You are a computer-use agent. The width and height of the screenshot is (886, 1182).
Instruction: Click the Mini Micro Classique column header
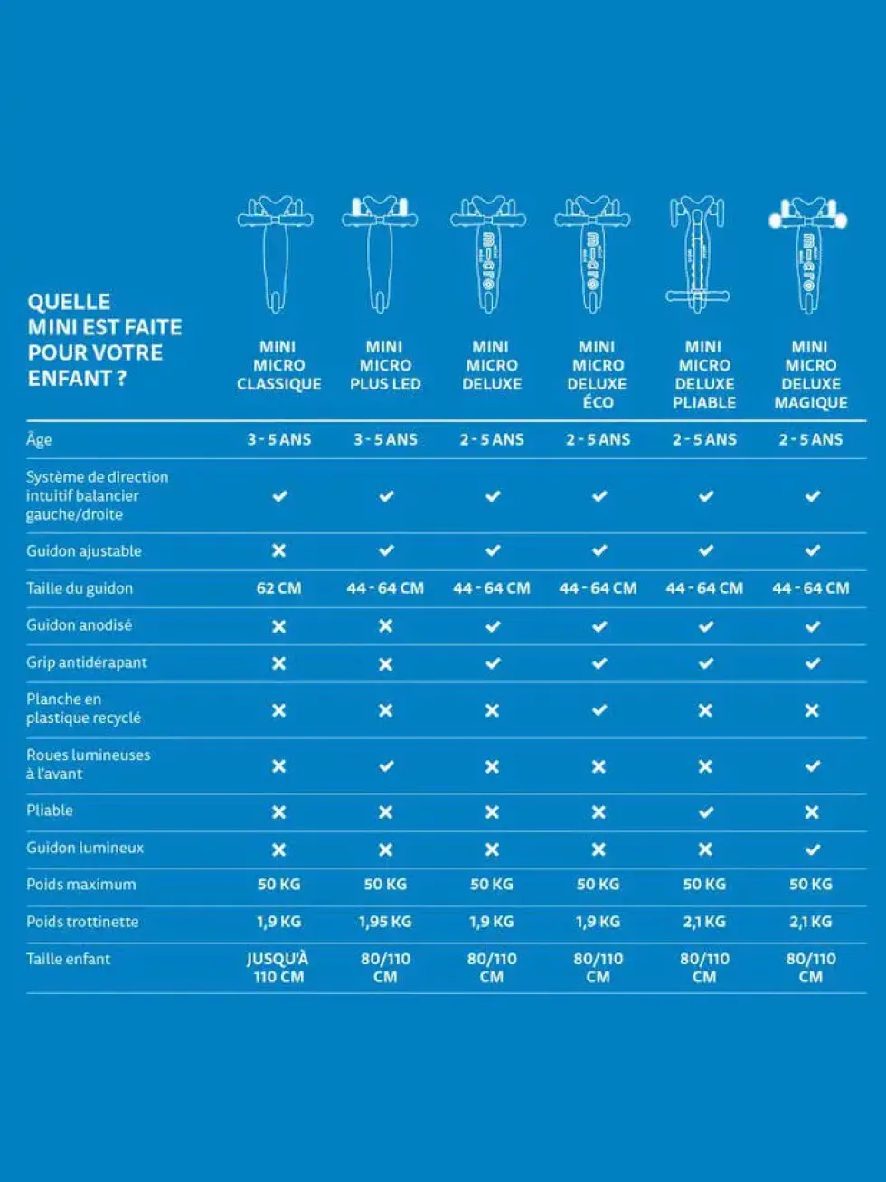(279, 365)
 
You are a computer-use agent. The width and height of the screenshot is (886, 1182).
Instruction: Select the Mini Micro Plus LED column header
(385, 365)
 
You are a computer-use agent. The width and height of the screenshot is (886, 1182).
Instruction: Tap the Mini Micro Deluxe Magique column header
(811, 374)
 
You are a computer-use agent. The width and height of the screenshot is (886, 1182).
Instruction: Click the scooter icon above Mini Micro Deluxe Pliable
(697, 255)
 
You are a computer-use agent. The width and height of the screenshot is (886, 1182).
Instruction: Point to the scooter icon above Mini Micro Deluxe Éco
(592, 255)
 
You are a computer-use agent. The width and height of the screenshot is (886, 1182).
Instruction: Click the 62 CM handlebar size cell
(278, 587)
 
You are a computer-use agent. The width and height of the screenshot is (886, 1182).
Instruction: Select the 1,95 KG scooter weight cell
(385, 922)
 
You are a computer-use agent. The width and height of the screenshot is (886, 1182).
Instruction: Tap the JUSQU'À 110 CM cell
(278, 968)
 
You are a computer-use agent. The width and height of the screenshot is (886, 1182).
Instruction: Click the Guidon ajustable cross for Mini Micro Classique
(278, 550)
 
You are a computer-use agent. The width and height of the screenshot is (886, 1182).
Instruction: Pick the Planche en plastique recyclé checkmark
(599, 709)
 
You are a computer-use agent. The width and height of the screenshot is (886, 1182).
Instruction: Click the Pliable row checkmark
(705, 811)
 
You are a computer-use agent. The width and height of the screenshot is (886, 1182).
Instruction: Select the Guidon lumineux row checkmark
(812, 849)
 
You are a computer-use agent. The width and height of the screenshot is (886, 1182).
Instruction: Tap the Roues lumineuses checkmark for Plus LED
(386, 765)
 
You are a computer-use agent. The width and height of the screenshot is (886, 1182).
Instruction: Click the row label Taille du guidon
(80, 588)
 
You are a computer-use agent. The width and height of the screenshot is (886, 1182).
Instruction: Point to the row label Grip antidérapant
(86, 662)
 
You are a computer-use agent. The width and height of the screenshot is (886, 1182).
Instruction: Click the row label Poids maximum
(80, 884)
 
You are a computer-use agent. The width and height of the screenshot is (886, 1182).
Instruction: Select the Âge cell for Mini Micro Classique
(279, 439)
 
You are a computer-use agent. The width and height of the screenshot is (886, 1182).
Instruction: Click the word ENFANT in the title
(70, 378)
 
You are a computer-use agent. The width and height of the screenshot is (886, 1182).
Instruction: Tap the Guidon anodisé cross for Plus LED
(385, 625)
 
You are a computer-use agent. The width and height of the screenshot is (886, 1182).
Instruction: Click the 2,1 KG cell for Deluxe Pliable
(704, 922)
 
